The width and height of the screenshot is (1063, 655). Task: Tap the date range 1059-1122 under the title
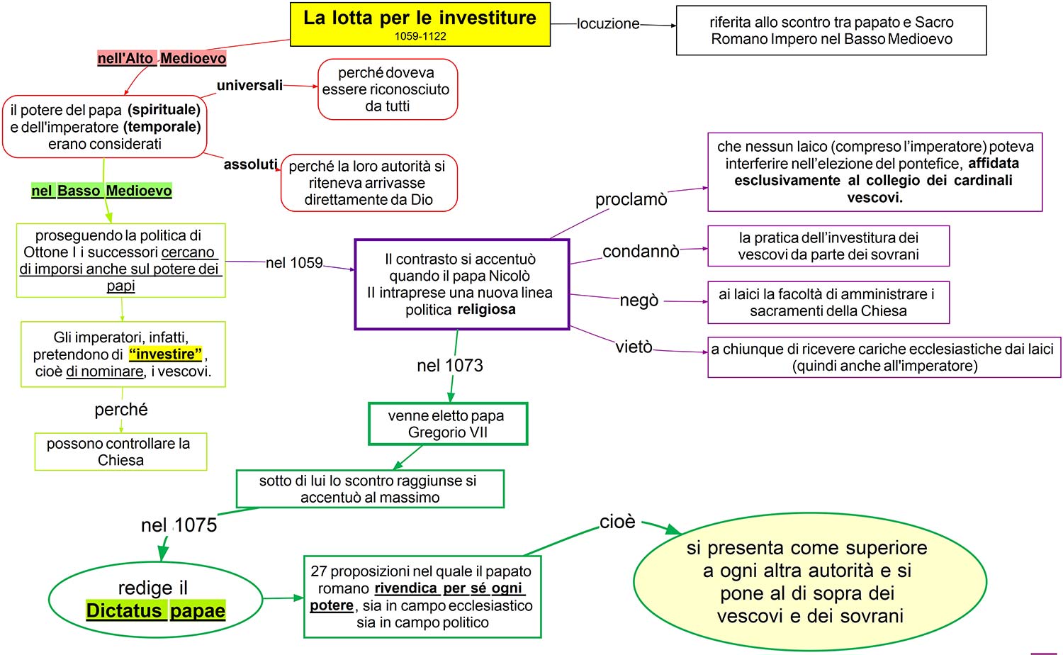click(x=420, y=37)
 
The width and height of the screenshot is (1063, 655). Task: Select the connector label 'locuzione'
click(x=608, y=23)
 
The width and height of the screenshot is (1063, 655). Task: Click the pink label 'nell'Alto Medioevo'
click(x=162, y=58)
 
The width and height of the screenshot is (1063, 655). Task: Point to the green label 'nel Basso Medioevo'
click(x=101, y=191)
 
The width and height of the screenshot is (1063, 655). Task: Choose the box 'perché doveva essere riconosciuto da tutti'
click(x=388, y=89)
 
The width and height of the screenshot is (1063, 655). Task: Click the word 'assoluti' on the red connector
click(x=250, y=164)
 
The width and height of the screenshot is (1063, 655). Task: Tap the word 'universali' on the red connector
click(x=249, y=86)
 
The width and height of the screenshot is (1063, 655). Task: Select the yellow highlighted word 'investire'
click(x=166, y=354)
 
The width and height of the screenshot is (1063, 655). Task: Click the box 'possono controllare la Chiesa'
click(x=120, y=452)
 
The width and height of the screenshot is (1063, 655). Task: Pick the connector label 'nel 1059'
click(x=294, y=263)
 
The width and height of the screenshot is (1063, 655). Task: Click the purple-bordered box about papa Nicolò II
click(x=461, y=284)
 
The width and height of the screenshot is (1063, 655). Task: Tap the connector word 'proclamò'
click(x=631, y=199)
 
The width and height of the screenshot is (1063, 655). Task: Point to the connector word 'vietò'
click(x=634, y=347)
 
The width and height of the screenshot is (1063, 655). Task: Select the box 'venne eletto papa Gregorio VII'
click(x=447, y=424)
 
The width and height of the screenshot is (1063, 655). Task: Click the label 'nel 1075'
click(x=179, y=525)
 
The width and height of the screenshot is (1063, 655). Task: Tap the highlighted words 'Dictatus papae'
click(x=156, y=610)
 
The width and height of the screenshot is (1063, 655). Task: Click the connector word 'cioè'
click(x=617, y=522)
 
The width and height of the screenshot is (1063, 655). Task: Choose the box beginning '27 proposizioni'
click(x=422, y=597)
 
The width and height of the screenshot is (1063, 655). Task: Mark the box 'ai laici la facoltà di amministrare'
click(x=828, y=303)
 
